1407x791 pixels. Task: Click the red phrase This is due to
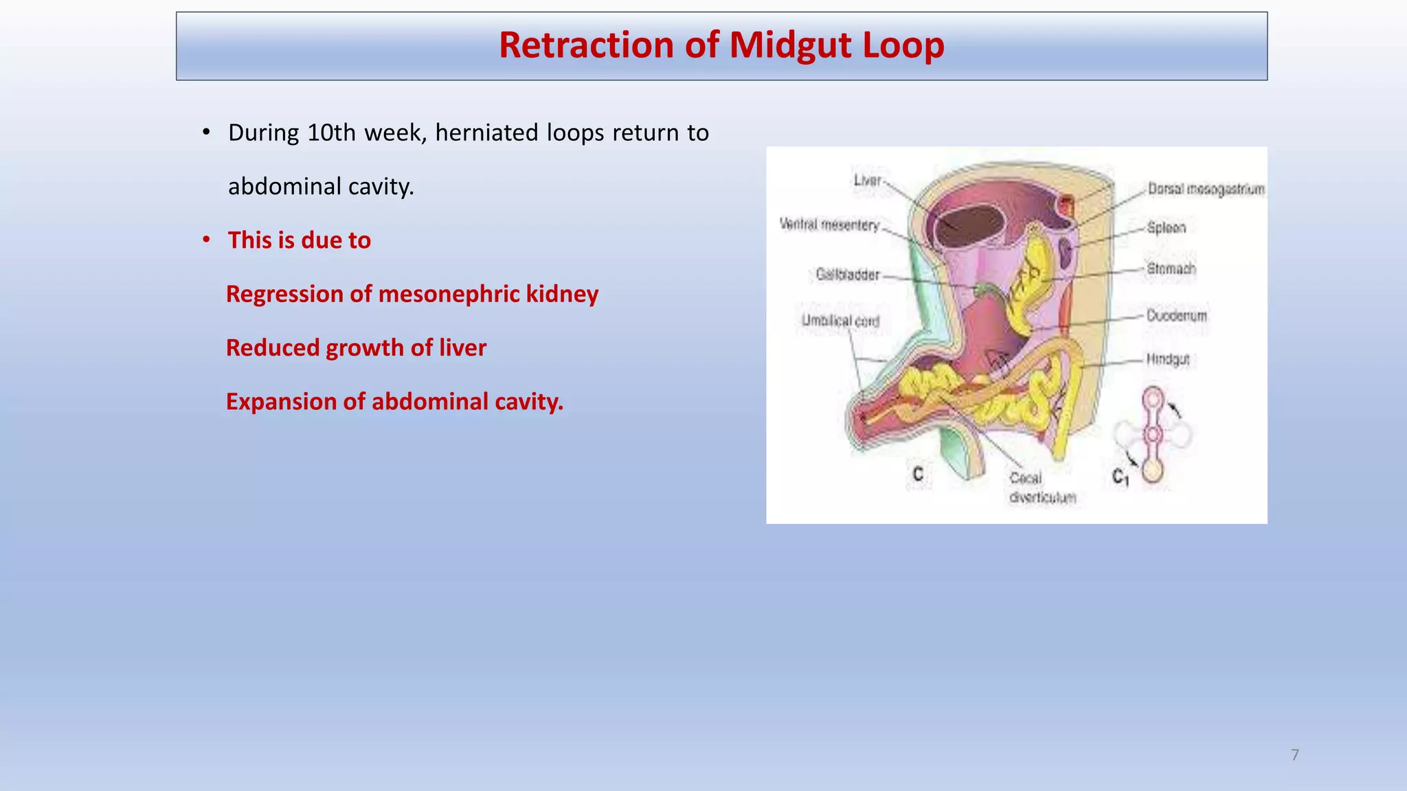pos(299,240)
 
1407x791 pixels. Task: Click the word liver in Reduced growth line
pos(462,347)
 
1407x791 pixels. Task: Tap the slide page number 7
pos(1295,755)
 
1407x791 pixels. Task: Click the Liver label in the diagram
pos(867,180)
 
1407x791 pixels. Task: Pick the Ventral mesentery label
pos(829,225)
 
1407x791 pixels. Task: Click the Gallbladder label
pos(847,275)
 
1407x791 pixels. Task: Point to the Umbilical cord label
pos(840,321)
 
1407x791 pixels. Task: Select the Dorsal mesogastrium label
pos(1206,189)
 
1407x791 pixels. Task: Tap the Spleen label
pos(1167,227)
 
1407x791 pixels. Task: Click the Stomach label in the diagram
pos(1171,268)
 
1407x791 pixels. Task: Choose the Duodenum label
pos(1176,316)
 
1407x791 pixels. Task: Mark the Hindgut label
pos(1167,359)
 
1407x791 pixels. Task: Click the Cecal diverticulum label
pos(1041,488)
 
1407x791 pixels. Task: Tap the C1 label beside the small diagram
pos(1120,476)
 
